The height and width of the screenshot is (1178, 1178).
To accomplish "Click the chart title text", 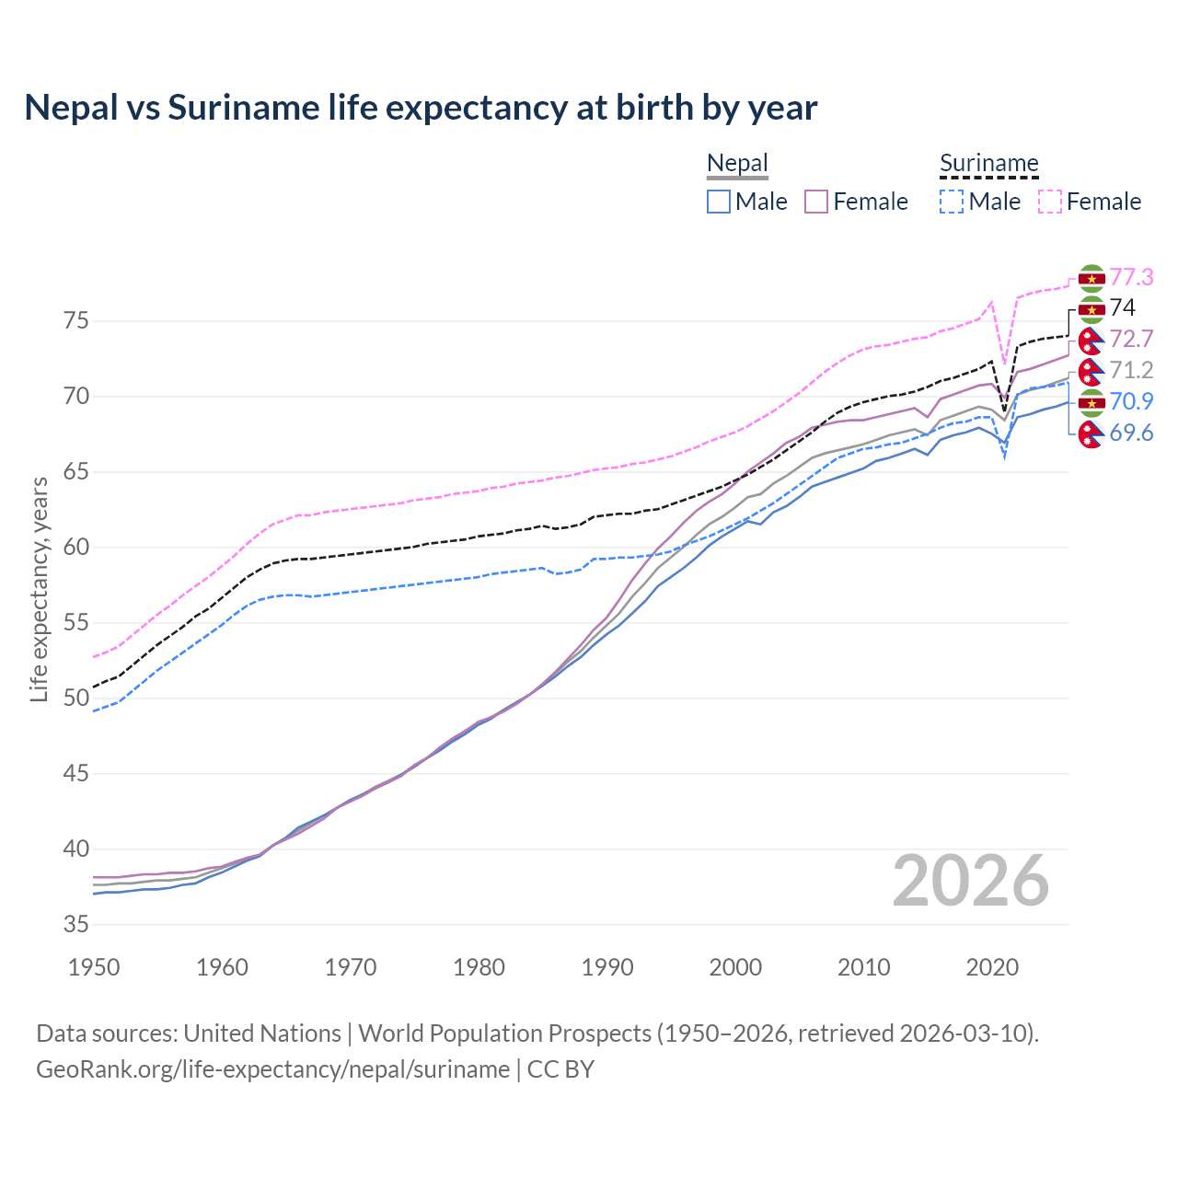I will pos(421,108).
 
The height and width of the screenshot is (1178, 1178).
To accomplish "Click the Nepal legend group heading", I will pos(737,164).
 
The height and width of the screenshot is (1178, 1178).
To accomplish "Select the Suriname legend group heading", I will pos(988,164).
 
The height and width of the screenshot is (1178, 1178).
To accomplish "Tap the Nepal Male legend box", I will pos(719,202).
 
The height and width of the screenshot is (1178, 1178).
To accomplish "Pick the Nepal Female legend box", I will pos(816,202).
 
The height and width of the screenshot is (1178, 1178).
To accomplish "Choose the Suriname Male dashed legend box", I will pos(952,202).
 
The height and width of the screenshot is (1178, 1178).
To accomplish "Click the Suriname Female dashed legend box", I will pos(1049,202).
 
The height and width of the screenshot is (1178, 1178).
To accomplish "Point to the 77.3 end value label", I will pos(1131,277).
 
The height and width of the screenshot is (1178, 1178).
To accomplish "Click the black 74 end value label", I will pos(1122,307).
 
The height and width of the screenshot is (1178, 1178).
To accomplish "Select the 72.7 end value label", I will pos(1131,339).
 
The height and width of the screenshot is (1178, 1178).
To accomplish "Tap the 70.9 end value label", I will pos(1131,401).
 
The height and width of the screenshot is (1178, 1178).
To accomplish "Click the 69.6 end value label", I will pos(1131,433).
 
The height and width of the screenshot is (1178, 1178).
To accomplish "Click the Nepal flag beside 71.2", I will pos(1091,371).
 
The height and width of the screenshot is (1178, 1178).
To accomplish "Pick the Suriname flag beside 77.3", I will pos(1091,278).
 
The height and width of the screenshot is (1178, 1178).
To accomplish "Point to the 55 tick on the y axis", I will pos(75,623).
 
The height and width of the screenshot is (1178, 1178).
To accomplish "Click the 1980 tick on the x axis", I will pos(479,967).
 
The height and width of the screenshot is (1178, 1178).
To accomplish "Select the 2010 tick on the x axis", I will pos(863,967).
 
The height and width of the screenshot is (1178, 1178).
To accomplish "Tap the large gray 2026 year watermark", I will pos(970,881).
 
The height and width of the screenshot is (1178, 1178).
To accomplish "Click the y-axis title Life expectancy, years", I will pos(39,589).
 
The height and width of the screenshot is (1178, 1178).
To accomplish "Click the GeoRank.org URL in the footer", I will pos(272,1069).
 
